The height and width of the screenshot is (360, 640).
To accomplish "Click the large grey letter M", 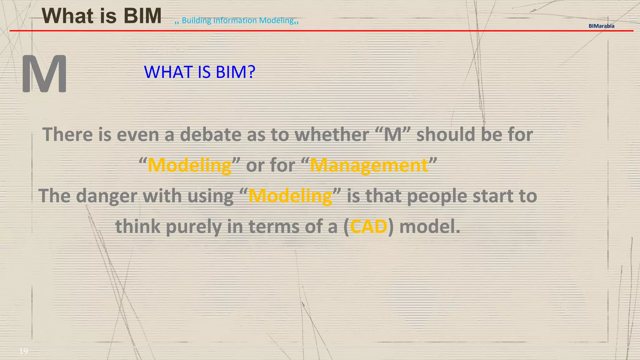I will click(44, 74).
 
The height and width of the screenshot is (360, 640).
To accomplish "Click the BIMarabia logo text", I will click(601, 26).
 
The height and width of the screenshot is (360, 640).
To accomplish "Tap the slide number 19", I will click(23, 351).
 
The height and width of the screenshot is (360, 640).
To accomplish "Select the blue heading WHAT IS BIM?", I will click(199, 72).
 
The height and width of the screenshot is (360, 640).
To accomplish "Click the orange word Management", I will click(369, 165).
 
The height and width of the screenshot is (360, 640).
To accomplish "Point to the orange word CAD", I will click(368, 226).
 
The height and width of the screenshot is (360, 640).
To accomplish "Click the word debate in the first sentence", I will click(211, 134).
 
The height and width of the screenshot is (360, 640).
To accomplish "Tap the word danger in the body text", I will click(107, 196).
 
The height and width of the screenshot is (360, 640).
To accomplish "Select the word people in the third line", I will click(437, 196).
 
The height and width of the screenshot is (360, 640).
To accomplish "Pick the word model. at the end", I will click(430, 226).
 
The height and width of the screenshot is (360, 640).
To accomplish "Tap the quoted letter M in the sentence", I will click(392, 135).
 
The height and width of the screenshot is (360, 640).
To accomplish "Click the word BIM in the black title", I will click(142, 16).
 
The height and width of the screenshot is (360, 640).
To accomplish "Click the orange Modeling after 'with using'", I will click(290, 196).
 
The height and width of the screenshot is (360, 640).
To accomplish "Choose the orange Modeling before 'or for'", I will click(189, 165).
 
